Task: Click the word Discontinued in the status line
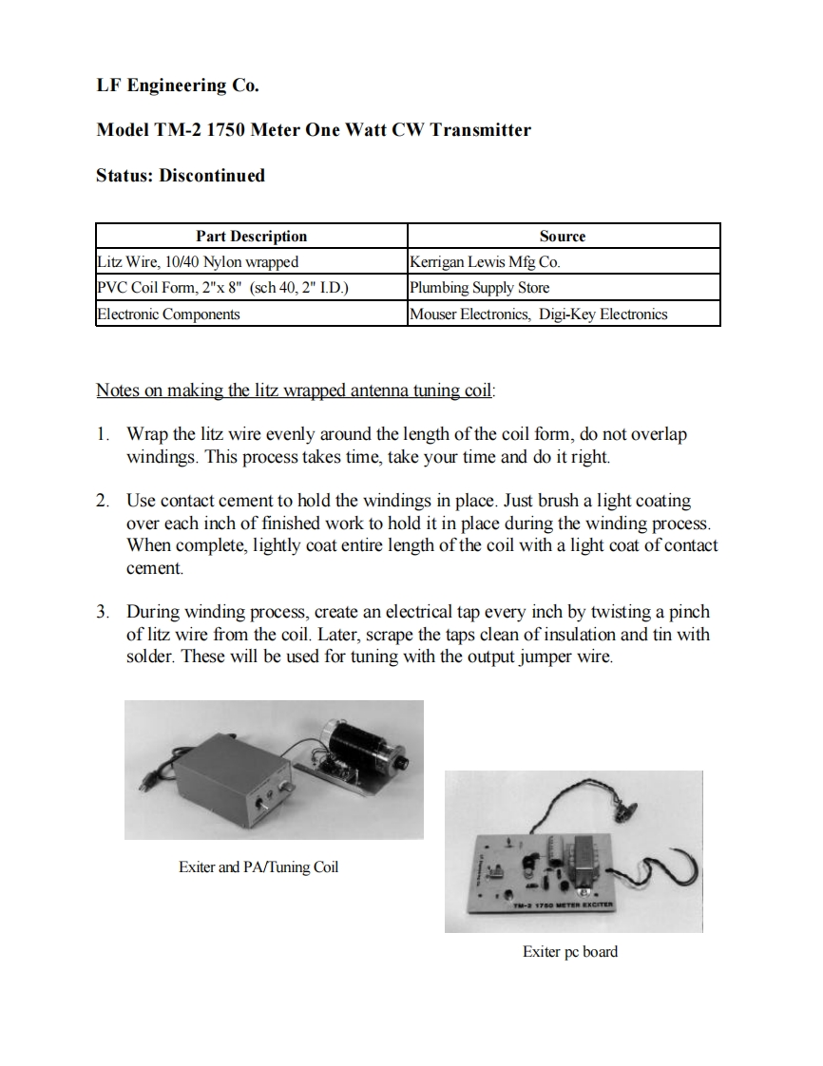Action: [212, 176]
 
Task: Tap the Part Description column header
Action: [251, 237]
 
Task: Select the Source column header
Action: [563, 237]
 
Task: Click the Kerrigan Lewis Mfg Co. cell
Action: [490, 262]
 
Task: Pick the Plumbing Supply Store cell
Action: [479, 288]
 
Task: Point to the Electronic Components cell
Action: [168, 314]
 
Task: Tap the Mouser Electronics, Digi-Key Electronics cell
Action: [538, 314]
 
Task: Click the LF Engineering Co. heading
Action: [178, 86]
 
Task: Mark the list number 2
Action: [103, 500]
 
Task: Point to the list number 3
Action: [103, 612]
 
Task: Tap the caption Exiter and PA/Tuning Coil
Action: [258, 867]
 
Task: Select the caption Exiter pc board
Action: [569, 951]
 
